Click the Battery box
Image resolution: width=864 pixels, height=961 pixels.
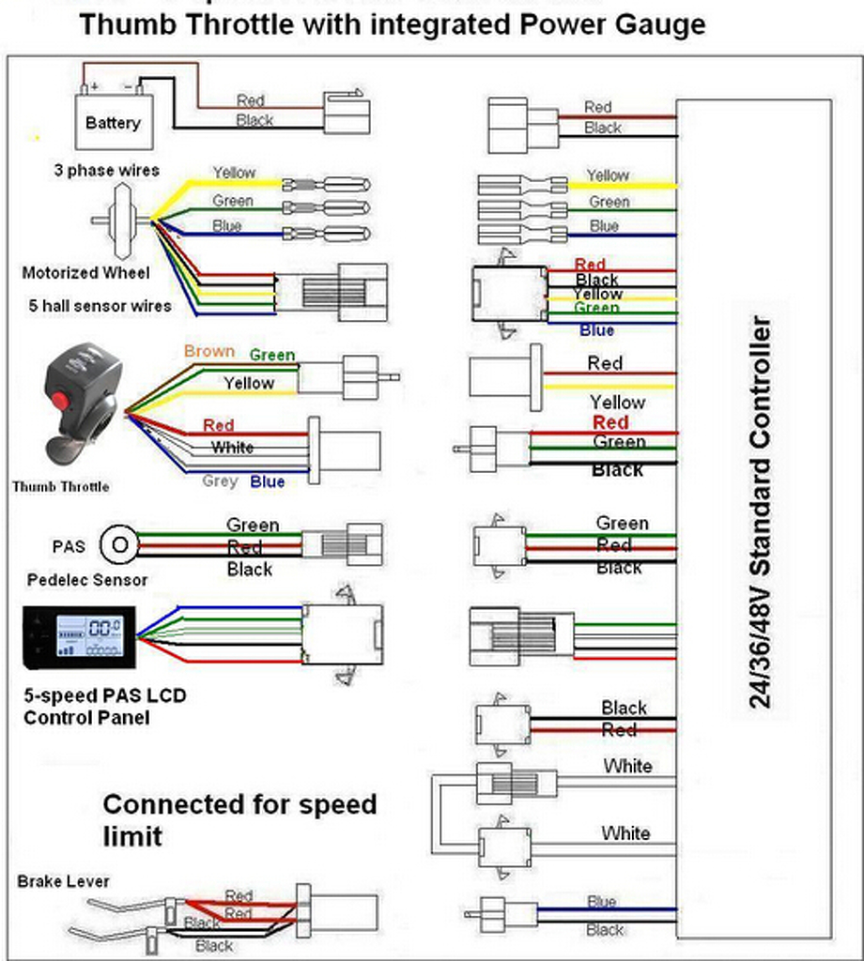tap(112, 121)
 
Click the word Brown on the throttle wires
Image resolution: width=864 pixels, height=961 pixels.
tap(208, 351)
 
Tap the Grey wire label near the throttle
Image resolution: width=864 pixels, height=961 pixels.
tap(220, 481)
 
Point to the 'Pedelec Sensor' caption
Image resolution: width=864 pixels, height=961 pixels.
tap(87, 580)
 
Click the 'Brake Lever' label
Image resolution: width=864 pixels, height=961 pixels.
tap(63, 881)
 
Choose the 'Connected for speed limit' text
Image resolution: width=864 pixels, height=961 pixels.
tap(239, 819)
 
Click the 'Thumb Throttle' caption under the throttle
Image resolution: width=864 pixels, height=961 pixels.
tap(60, 486)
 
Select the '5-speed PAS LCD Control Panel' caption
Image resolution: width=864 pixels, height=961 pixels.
tap(104, 707)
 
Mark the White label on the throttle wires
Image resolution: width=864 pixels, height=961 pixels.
tap(232, 448)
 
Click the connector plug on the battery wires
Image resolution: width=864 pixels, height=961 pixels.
tap(347, 114)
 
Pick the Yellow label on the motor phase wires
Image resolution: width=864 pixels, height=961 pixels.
tap(233, 173)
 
